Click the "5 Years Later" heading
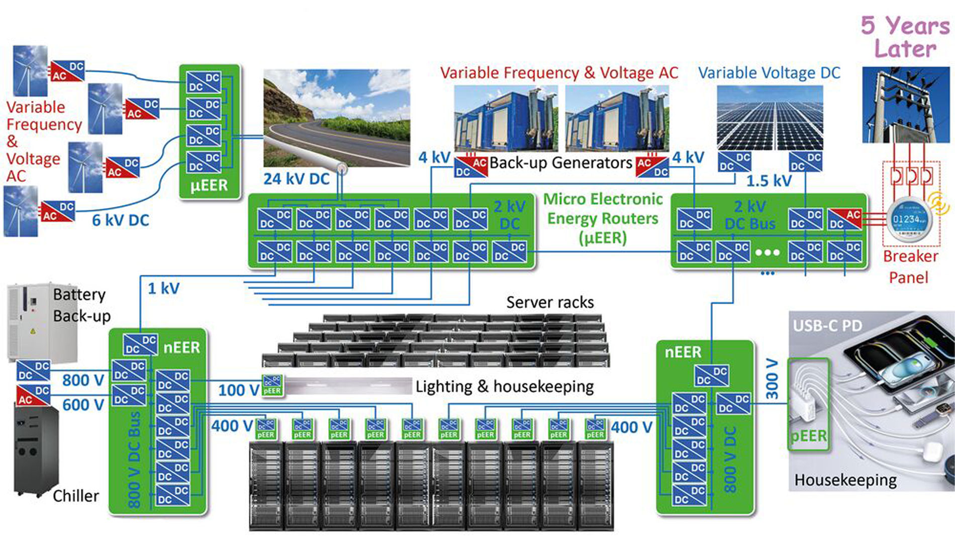(x=905, y=37)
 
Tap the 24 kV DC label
(x=296, y=179)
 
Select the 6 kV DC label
(x=121, y=220)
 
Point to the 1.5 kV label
(x=769, y=181)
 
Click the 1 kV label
(x=163, y=289)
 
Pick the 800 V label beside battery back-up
(x=83, y=380)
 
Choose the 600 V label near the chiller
(x=83, y=405)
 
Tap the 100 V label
(x=238, y=390)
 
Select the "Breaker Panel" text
(x=910, y=266)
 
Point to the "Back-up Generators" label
(x=560, y=163)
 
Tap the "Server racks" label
(x=550, y=302)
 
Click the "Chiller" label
(x=76, y=496)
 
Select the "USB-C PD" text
(x=827, y=326)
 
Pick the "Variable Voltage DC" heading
(x=769, y=73)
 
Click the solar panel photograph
(x=770, y=118)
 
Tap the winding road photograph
(x=336, y=118)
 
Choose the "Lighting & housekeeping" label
(x=504, y=386)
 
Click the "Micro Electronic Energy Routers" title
(x=603, y=218)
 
